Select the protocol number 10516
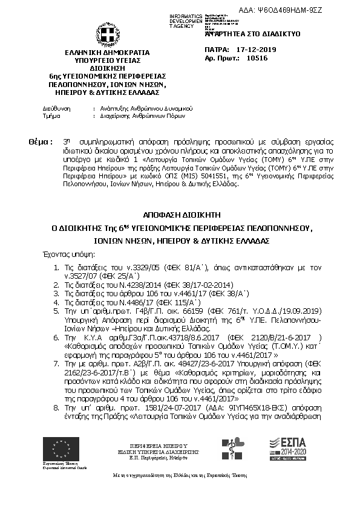point(249,59)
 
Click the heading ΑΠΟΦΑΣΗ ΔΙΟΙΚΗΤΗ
point(180,214)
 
